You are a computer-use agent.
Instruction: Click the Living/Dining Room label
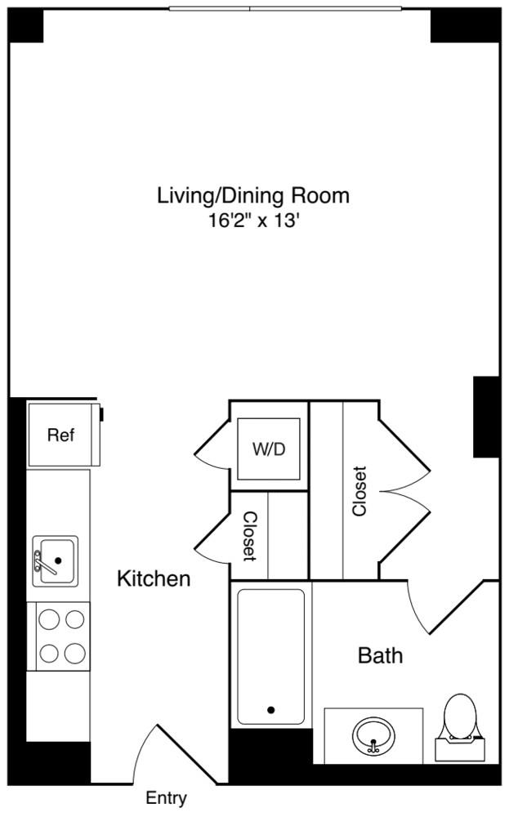[253, 196]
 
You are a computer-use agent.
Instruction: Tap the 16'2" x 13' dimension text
[253, 221]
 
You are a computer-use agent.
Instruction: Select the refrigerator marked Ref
[64, 435]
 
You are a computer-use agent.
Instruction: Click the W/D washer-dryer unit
[269, 449]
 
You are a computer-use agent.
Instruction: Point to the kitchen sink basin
[56, 560]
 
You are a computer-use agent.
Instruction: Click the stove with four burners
[63, 636]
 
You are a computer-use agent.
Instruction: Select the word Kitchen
[154, 579]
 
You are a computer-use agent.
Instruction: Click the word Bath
[380, 655]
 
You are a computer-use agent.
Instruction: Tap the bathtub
[271, 657]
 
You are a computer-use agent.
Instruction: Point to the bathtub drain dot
[271, 710]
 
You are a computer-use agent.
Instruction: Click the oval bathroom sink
[373, 735]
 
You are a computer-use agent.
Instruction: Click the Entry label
[166, 797]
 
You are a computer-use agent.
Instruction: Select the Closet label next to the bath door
[359, 491]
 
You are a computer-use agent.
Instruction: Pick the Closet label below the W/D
[250, 536]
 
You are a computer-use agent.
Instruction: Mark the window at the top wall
[285, 8]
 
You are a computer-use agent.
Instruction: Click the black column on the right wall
[486, 417]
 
